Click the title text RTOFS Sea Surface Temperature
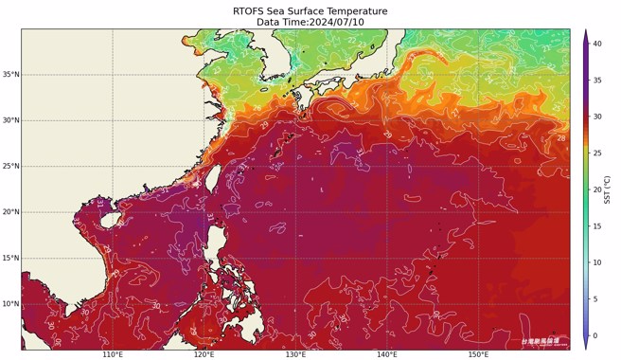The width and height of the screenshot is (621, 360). [x=310, y=10]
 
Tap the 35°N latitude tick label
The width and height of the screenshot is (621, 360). [x=11, y=75]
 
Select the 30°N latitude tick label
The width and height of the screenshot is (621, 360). [x=11, y=120]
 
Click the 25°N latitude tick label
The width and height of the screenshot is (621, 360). [x=11, y=167]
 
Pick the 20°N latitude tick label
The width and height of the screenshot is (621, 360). [x=11, y=212]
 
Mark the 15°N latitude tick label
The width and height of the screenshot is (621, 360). [x=11, y=259]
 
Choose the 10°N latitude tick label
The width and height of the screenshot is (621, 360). [x=11, y=304]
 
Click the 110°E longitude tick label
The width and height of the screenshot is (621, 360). [x=113, y=354]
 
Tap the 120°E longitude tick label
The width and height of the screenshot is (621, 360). [x=204, y=354]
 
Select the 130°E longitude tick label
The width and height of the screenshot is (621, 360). [x=296, y=354]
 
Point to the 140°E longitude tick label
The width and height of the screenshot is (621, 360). [x=387, y=354]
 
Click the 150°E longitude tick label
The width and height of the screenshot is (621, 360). [x=479, y=354]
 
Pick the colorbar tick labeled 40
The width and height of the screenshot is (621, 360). [x=598, y=44]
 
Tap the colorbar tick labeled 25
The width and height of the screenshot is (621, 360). [x=598, y=153]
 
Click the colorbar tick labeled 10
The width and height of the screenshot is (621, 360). [x=598, y=262]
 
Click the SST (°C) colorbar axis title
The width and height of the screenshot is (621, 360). [x=612, y=189]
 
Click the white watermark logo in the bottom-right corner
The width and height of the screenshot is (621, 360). [x=540, y=340]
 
